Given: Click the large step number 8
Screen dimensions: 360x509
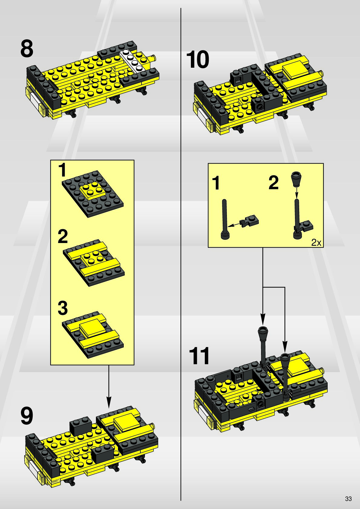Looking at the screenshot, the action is (27, 49).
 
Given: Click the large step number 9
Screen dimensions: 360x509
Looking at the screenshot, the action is (27, 416).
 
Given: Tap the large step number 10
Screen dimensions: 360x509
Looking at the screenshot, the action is (198, 59).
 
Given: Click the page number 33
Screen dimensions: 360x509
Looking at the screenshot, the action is (348, 499).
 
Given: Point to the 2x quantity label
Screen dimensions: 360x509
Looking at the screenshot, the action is (316, 243).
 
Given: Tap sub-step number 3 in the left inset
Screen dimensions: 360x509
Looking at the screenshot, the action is (63, 308).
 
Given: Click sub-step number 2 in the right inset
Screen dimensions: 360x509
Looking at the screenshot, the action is (273, 183).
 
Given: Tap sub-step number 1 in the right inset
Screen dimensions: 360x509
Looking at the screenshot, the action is (216, 183).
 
